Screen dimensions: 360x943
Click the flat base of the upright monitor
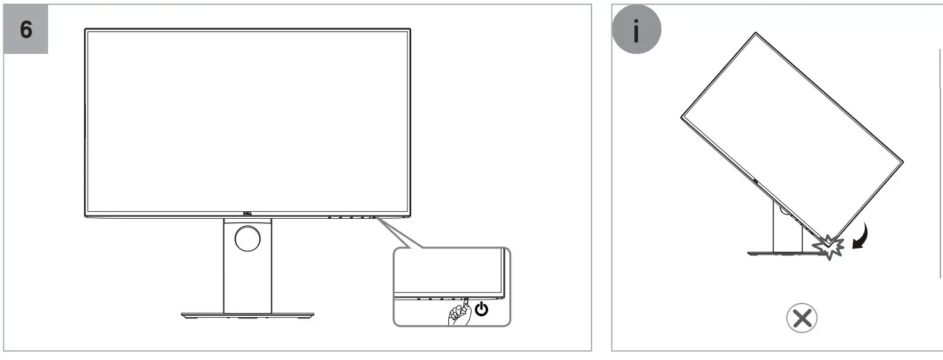point(247,316)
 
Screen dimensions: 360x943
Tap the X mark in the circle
point(802,318)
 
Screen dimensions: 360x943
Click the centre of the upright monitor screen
point(247,121)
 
